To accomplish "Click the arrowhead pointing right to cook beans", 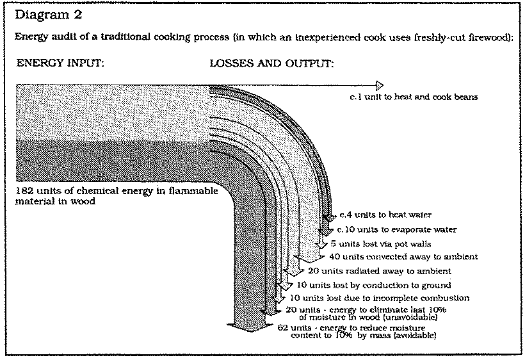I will [x=380, y=85].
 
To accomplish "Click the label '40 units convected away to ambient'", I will [x=403, y=257].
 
